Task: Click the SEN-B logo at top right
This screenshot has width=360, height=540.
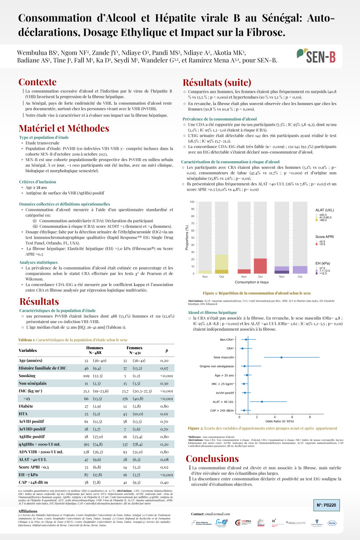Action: coord(317,55)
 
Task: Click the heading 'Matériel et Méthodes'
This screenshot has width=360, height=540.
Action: coord(64,128)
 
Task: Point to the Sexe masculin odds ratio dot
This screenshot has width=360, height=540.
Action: coord(281,357)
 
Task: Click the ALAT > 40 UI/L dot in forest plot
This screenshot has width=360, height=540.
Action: coord(262,402)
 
